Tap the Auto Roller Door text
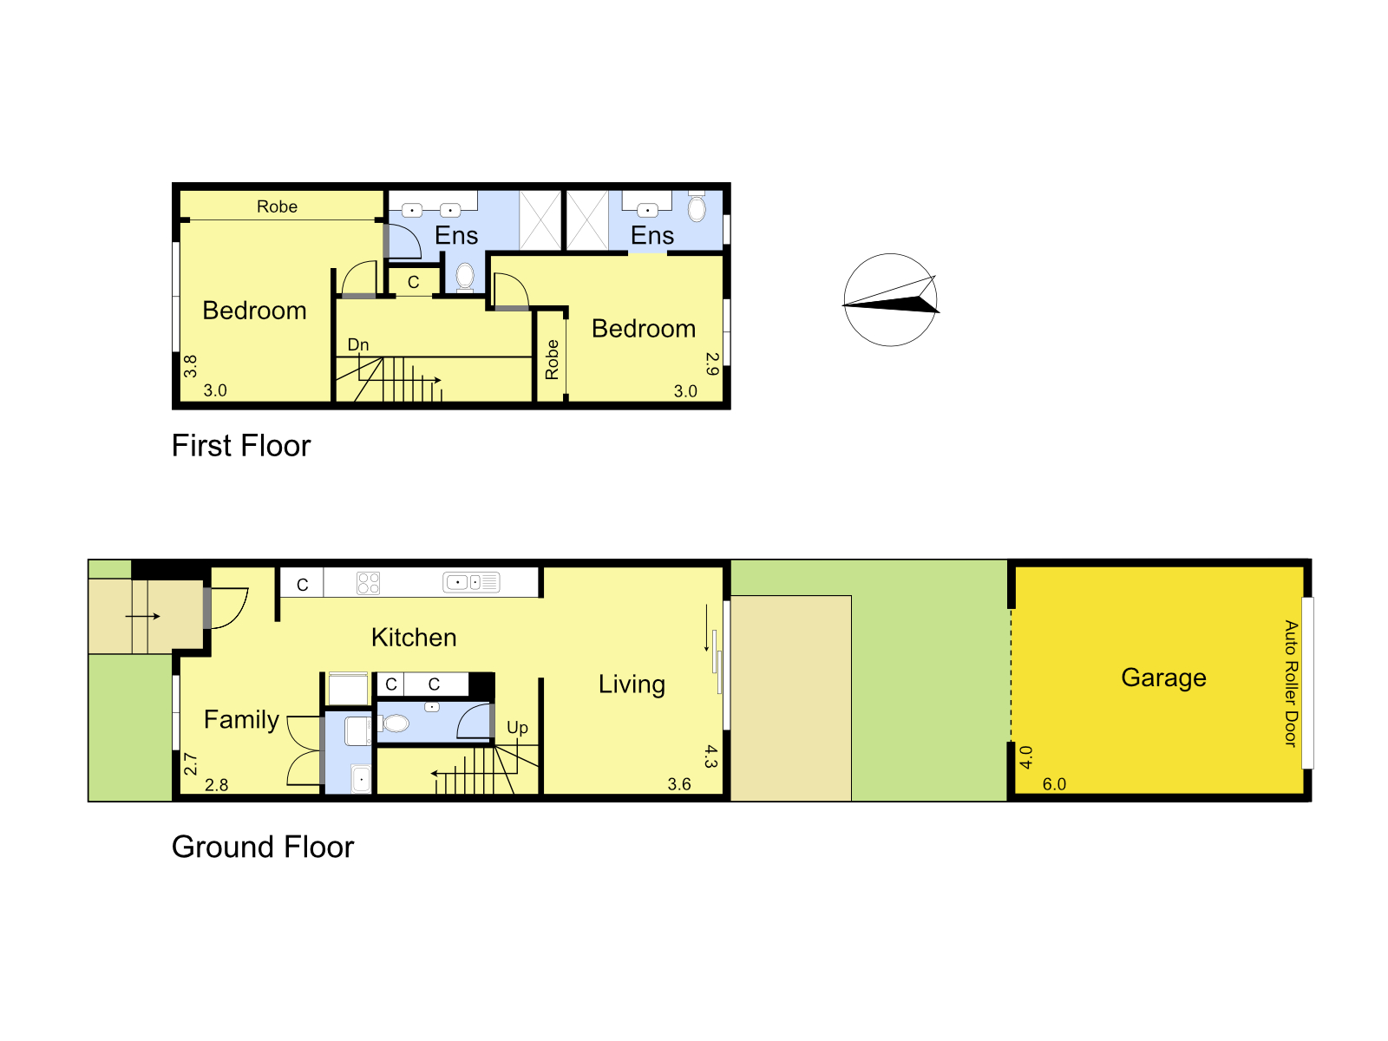[1291, 684]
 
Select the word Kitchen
[414, 637]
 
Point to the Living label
[632, 684]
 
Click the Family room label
[241, 720]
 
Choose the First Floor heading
[241, 446]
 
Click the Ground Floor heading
[263, 847]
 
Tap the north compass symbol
[890, 299]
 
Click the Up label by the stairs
[517, 728]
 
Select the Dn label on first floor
[358, 344]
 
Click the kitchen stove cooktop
[368, 583]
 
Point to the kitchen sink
[471, 581]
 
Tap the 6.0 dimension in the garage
[1054, 784]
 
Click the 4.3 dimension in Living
[711, 756]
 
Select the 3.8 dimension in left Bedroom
[190, 367]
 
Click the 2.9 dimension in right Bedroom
[713, 364]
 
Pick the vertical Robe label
[552, 360]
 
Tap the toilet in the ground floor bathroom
[395, 723]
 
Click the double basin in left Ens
[431, 210]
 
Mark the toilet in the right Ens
[697, 207]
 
